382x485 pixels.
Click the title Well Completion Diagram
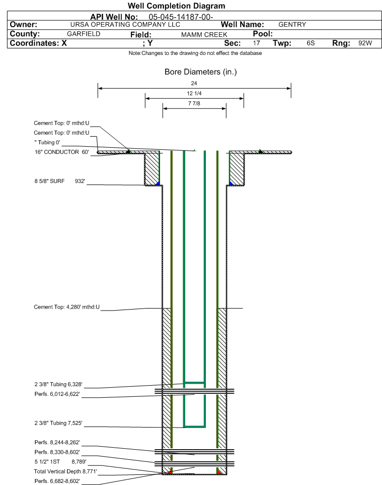[x=176, y=6]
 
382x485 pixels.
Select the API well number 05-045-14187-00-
[x=181, y=17]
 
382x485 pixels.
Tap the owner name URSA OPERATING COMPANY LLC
[x=125, y=24]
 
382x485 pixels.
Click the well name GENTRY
[x=292, y=24]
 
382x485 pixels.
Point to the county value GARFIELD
[x=84, y=34]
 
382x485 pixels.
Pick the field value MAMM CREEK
[x=204, y=35]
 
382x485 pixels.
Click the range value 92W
[x=365, y=43]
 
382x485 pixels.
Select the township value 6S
[x=311, y=43]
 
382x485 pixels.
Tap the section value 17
[x=256, y=43]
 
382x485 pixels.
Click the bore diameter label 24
[x=194, y=83]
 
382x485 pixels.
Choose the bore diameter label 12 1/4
[x=194, y=93]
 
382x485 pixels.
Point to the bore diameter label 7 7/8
[x=194, y=103]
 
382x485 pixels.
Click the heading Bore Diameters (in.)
[x=201, y=72]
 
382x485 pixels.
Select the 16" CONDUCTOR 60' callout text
[x=61, y=152]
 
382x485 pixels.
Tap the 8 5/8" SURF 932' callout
[x=59, y=181]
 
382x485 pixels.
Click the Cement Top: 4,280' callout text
[x=67, y=307]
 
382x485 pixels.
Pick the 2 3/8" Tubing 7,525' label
[x=58, y=423]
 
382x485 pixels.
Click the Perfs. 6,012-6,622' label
[x=57, y=394]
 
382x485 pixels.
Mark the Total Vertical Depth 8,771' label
[x=65, y=471]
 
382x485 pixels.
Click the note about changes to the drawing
[x=195, y=53]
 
